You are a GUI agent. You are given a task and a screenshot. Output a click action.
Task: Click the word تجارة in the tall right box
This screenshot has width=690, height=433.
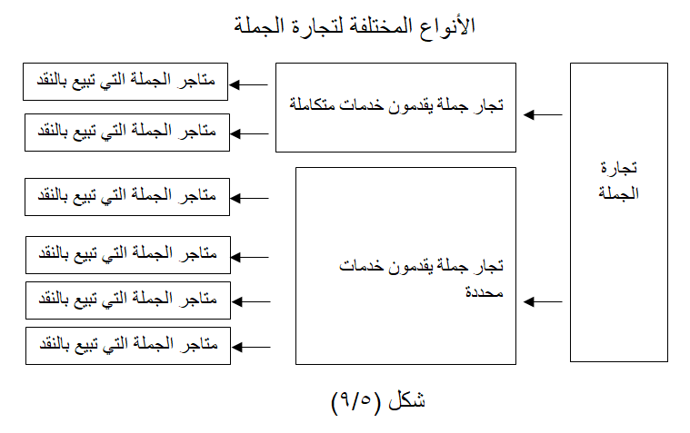pos(619,168)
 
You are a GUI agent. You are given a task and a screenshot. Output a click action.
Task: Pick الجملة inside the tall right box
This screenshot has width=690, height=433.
pos(618,193)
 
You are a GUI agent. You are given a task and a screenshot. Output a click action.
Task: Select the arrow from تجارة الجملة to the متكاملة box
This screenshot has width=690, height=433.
pos(543,114)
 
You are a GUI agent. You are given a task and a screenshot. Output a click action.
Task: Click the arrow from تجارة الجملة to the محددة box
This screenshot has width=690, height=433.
pos(543,301)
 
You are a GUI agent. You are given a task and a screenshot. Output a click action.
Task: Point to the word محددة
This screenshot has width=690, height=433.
pos(484,292)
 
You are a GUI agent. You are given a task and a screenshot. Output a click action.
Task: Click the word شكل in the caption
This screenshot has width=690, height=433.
pos(406,399)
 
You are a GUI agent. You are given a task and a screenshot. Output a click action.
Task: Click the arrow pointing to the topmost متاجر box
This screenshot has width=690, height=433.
pos(248,84)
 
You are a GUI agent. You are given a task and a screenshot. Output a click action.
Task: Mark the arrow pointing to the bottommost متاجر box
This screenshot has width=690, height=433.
pos(251,347)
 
